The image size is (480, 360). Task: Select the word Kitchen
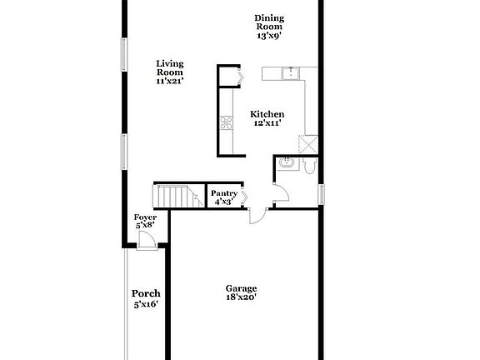click(268, 114)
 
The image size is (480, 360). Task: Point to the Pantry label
click(223, 194)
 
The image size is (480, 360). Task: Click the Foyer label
click(145, 218)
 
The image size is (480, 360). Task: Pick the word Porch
click(145, 293)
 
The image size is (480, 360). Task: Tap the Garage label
click(241, 288)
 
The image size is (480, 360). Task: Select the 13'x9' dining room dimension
click(268, 36)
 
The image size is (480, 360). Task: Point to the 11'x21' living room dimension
click(169, 82)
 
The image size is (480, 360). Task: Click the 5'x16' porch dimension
click(145, 305)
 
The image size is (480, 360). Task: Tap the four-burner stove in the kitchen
click(225, 123)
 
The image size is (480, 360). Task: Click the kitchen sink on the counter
click(289, 73)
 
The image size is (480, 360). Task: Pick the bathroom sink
click(286, 162)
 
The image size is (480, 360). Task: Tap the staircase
click(174, 197)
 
